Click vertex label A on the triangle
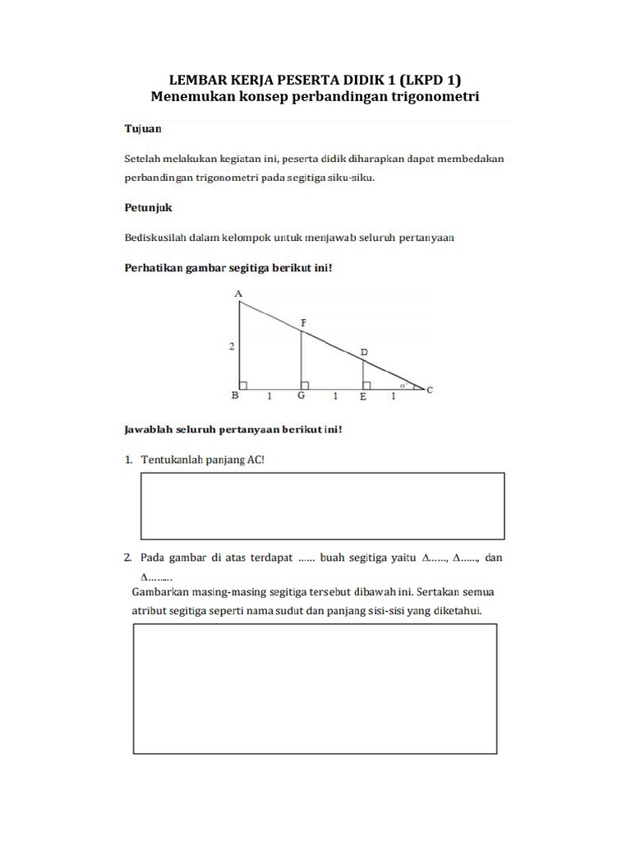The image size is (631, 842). [238, 294]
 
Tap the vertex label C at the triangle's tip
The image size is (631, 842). [431, 391]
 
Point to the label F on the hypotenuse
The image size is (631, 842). [303, 323]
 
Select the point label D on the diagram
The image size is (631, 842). [364, 353]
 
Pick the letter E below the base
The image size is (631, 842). [362, 396]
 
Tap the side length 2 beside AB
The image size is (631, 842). [232, 347]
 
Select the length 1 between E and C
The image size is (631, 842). [393, 396]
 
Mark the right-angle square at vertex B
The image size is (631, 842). [244, 385]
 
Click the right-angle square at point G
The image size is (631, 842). [305, 385]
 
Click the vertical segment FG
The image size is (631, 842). [301, 358]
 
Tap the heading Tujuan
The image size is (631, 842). [142, 129]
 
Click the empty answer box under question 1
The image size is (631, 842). [323, 506]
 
